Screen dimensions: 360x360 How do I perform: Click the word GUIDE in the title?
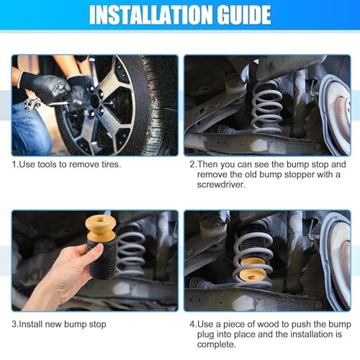[244, 15]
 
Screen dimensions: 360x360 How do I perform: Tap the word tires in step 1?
[111, 164]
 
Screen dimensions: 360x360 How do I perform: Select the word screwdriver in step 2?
[221, 184]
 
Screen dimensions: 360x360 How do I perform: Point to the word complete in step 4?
[217, 345]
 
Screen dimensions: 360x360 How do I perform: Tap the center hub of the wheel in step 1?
[95, 102]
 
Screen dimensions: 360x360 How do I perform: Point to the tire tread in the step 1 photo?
[158, 106]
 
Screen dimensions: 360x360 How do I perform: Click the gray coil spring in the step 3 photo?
[131, 250]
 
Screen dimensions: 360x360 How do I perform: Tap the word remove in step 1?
[84, 164]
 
